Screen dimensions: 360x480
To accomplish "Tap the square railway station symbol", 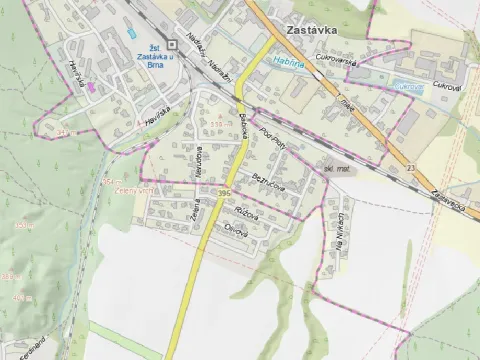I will click(172, 44).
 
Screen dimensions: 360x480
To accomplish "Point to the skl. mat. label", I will click(336, 169).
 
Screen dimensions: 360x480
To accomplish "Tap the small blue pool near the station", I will click(132, 34).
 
